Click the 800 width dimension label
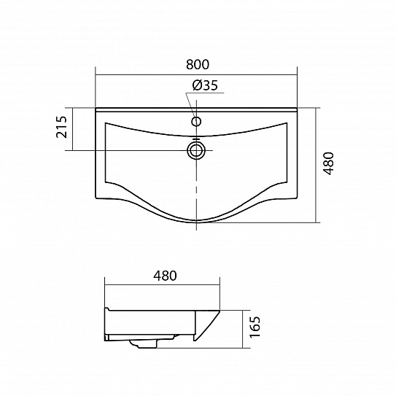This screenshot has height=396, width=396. [x=198, y=64]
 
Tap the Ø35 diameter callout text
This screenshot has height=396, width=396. [x=205, y=85]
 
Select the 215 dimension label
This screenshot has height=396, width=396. [x=61, y=127]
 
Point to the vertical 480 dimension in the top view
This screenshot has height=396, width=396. [x=328, y=163]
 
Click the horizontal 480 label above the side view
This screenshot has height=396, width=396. [x=165, y=276]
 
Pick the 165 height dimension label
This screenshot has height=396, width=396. [x=255, y=327]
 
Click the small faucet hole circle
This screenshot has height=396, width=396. [x=196, y=122]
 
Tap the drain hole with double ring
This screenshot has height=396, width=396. [x=196, y=150]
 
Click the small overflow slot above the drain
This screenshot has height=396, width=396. [x=196, y=139]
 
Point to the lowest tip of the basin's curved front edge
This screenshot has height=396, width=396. [x=196, y=222]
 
